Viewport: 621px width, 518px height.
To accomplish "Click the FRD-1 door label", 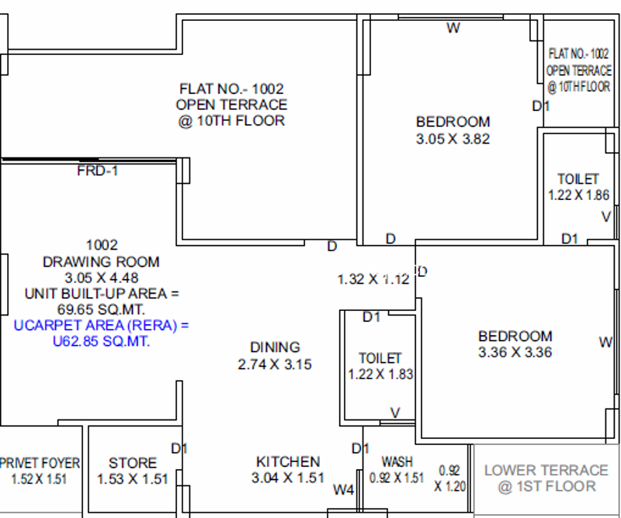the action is (98, 171).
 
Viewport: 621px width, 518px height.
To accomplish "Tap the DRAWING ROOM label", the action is (101, 262).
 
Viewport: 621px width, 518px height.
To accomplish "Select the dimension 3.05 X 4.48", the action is (102, 278).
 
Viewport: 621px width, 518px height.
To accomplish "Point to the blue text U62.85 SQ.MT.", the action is (102, 341).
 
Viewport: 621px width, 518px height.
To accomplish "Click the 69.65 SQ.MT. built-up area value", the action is (101, 309).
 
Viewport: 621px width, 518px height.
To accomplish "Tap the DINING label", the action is (275, 347).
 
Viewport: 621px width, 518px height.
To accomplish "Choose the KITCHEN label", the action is (288, 462).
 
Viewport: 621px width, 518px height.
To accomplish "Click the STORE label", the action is (133, 463).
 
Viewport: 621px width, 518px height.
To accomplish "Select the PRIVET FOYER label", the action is (40, 463).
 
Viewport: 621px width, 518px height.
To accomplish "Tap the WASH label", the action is (397, 462).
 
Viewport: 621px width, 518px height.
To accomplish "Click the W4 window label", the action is (343, 490).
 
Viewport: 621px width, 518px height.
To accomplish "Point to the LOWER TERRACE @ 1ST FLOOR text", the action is (546, 478).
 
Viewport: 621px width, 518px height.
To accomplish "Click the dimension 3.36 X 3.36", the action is (515, 352).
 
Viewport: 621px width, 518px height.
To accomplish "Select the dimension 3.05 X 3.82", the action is (453, 139).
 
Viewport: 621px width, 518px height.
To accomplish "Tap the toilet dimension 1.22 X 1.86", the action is (578, 195).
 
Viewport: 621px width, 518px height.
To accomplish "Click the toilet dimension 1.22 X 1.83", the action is (380, 374).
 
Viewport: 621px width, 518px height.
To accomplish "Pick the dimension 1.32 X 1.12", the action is (373, 279).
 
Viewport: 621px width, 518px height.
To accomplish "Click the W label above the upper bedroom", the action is (453, 28).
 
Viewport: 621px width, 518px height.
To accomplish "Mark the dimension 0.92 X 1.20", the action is (449, 478).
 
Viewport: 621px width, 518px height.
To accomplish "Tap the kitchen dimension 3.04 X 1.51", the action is (288, 478).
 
